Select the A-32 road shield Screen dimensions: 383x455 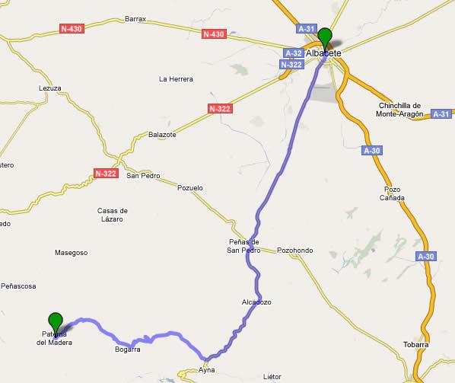[293, 53]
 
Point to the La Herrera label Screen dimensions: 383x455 [176, 79]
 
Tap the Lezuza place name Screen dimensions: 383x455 [49, 88]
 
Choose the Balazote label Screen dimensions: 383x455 [162, 135]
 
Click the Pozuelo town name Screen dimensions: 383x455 [189, 187]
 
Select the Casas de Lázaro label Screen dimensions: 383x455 [113, 214]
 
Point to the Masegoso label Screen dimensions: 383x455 [72, 252]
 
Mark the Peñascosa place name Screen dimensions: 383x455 [18, 286]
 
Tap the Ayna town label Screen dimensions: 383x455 [206, 369]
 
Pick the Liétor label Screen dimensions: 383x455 [272, 376]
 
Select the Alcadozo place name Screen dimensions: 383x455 [256, 302]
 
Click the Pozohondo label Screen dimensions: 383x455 [295, 250]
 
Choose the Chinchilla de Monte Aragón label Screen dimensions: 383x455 [405, 110]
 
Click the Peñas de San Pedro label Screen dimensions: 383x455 [244, 246]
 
